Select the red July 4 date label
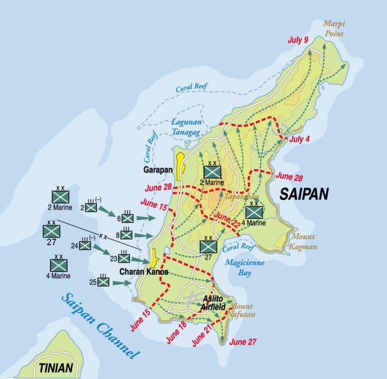(x=299, y=139)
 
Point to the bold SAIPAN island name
(x=303, y=194)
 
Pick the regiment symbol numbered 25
(x=103, y=282)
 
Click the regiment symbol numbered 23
(x=124, y=258)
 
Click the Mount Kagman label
(x=303, y=241)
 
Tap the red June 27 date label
(x=242, y=341)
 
